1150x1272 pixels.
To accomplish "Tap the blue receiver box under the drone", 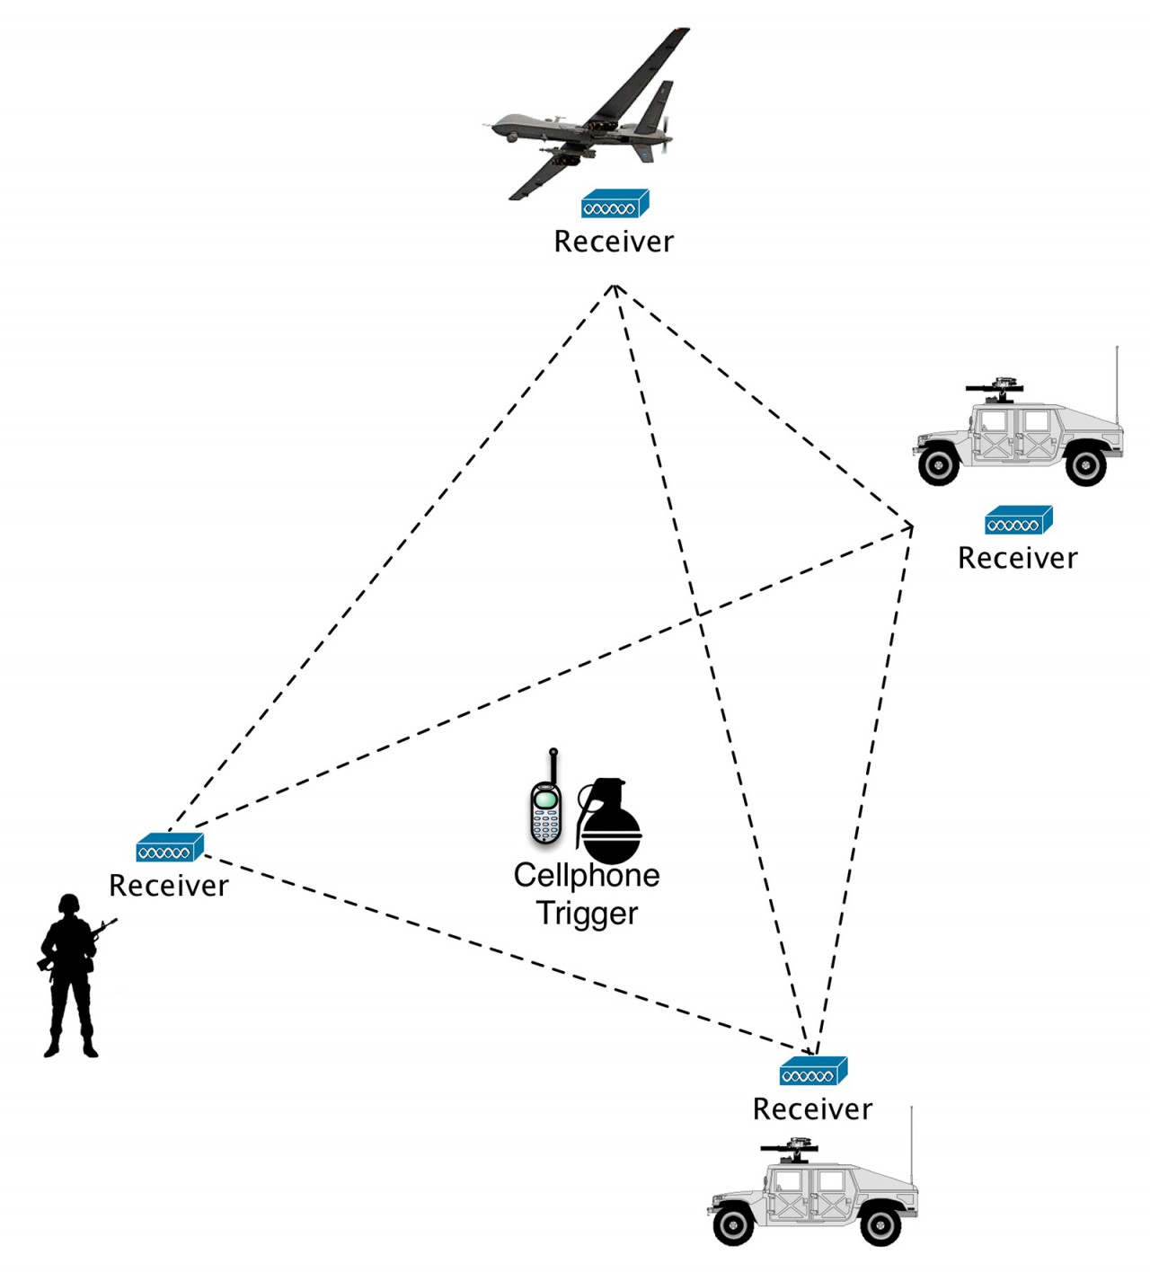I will click(615, 205).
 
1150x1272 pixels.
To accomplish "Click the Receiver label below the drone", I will click(614, 242).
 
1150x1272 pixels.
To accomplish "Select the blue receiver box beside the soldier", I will click(170, 848).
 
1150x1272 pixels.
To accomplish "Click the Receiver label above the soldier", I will click(169, 886).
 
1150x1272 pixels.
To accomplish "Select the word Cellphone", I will click(587, 875).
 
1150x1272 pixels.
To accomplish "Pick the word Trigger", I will click(587, 913).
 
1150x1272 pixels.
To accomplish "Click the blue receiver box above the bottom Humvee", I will click(813, 1072).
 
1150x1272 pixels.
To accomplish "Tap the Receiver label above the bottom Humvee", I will click(812, 1109).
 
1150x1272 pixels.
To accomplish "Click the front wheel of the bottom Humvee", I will click(734, 1223).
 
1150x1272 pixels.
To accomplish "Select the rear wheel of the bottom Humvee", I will click(880, 1223).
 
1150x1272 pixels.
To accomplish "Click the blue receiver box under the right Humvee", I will click(1018, 521).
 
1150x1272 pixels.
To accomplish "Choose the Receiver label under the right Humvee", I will click(1017, 558).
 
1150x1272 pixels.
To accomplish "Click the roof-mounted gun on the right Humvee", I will click(995, 389).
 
